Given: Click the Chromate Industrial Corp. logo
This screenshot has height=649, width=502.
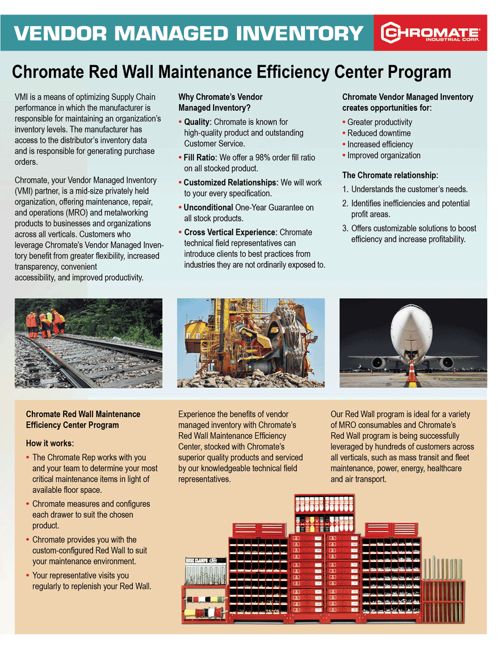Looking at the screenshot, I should coord(429,33).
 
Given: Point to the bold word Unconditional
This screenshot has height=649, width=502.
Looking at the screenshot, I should coord(204,207).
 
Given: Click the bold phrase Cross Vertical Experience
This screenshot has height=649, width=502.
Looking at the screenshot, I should coord(230,232).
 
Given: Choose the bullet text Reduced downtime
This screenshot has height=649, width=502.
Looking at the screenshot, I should coord(379,133).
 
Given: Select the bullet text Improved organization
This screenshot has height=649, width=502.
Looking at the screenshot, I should coord(384,155).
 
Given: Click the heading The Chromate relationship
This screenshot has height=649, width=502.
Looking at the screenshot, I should coord(390,175).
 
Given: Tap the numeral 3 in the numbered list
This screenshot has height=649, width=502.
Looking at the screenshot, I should coord(345,228).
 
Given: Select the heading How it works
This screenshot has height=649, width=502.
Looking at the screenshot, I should coord(50,443).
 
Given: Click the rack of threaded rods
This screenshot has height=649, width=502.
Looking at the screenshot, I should coord(443,585).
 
